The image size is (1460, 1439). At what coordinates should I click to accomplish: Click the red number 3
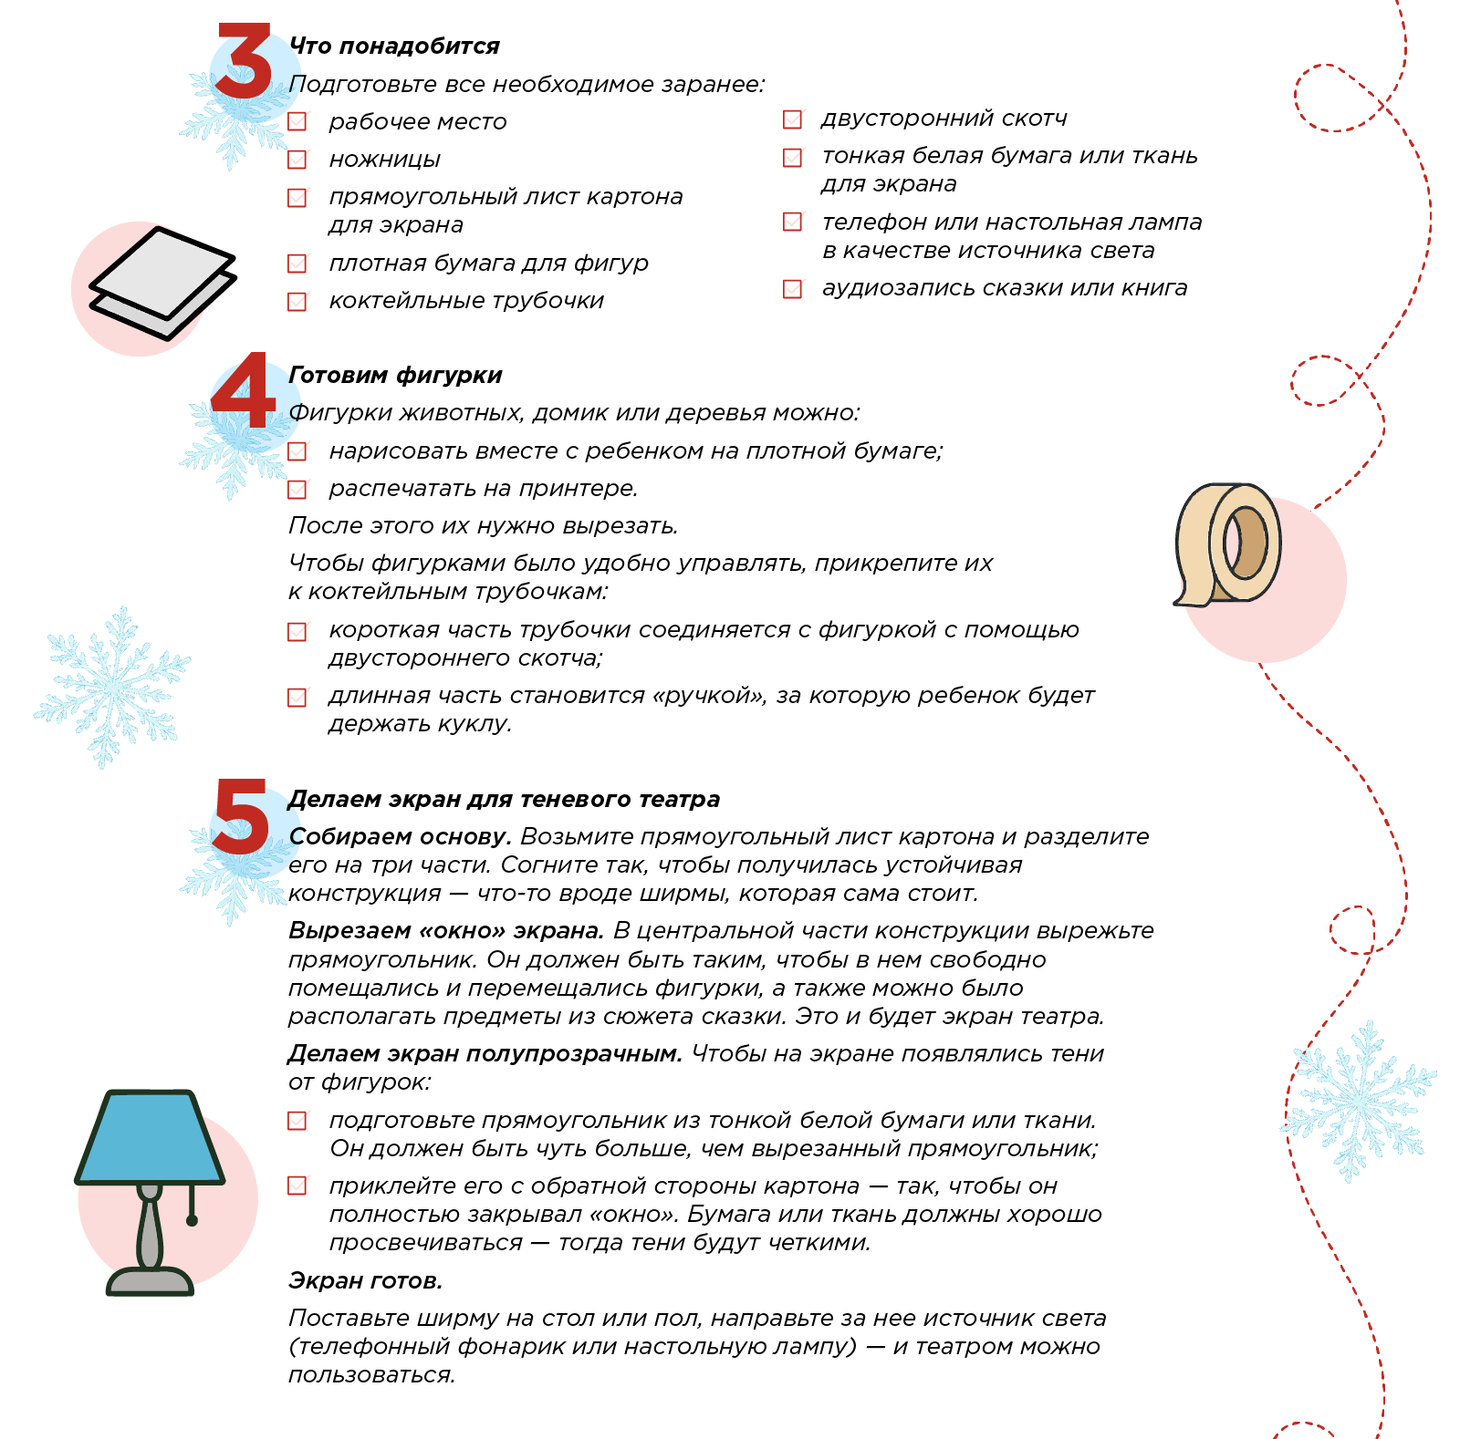(245, 62)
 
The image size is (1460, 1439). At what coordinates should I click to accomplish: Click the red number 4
(243, 392)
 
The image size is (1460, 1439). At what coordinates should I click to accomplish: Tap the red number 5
(241, 817)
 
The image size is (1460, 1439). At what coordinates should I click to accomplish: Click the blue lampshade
(150, 1140)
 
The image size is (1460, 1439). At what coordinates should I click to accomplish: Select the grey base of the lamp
(150, 1281)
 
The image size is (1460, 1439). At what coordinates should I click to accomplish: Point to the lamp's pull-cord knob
(192, 1220)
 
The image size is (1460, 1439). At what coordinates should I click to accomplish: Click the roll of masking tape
(1227, 544)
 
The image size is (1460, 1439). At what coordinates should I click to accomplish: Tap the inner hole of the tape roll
(1246, 544)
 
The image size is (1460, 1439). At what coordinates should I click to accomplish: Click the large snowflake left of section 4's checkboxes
(111, 686)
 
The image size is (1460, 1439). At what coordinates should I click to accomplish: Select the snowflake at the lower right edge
(1358, 1102)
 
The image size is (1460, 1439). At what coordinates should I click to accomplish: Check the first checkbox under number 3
(297, 120)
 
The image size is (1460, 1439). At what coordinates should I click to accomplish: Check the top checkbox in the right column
(793, 119)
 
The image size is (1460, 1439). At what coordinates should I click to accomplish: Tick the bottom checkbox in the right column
(793, 288)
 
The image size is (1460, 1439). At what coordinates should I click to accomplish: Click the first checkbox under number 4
(297, 450)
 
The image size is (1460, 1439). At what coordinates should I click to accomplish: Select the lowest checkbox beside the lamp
(297, 1185)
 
